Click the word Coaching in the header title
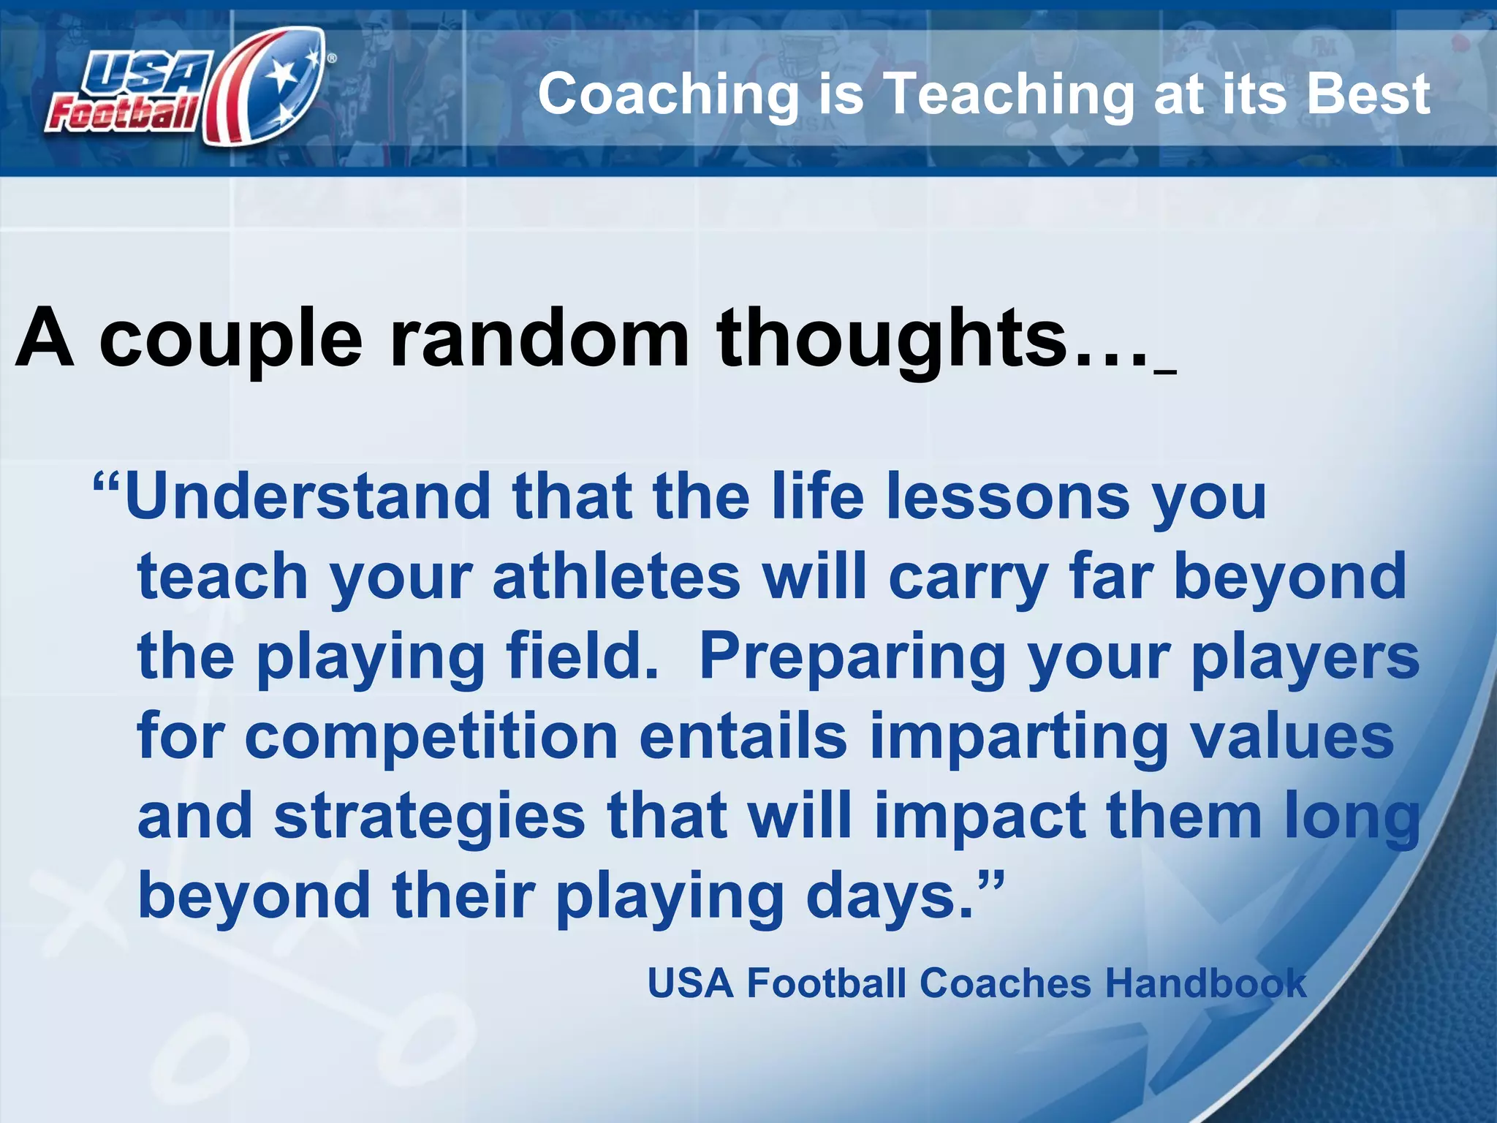(x=669, y=94)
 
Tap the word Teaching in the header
(x=1009, y=94)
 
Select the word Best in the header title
(x=1368, y=94)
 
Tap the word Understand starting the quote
(x=308, y=497)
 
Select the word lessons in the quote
(x=1009, y=497)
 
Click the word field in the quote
(x=581, y=656)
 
